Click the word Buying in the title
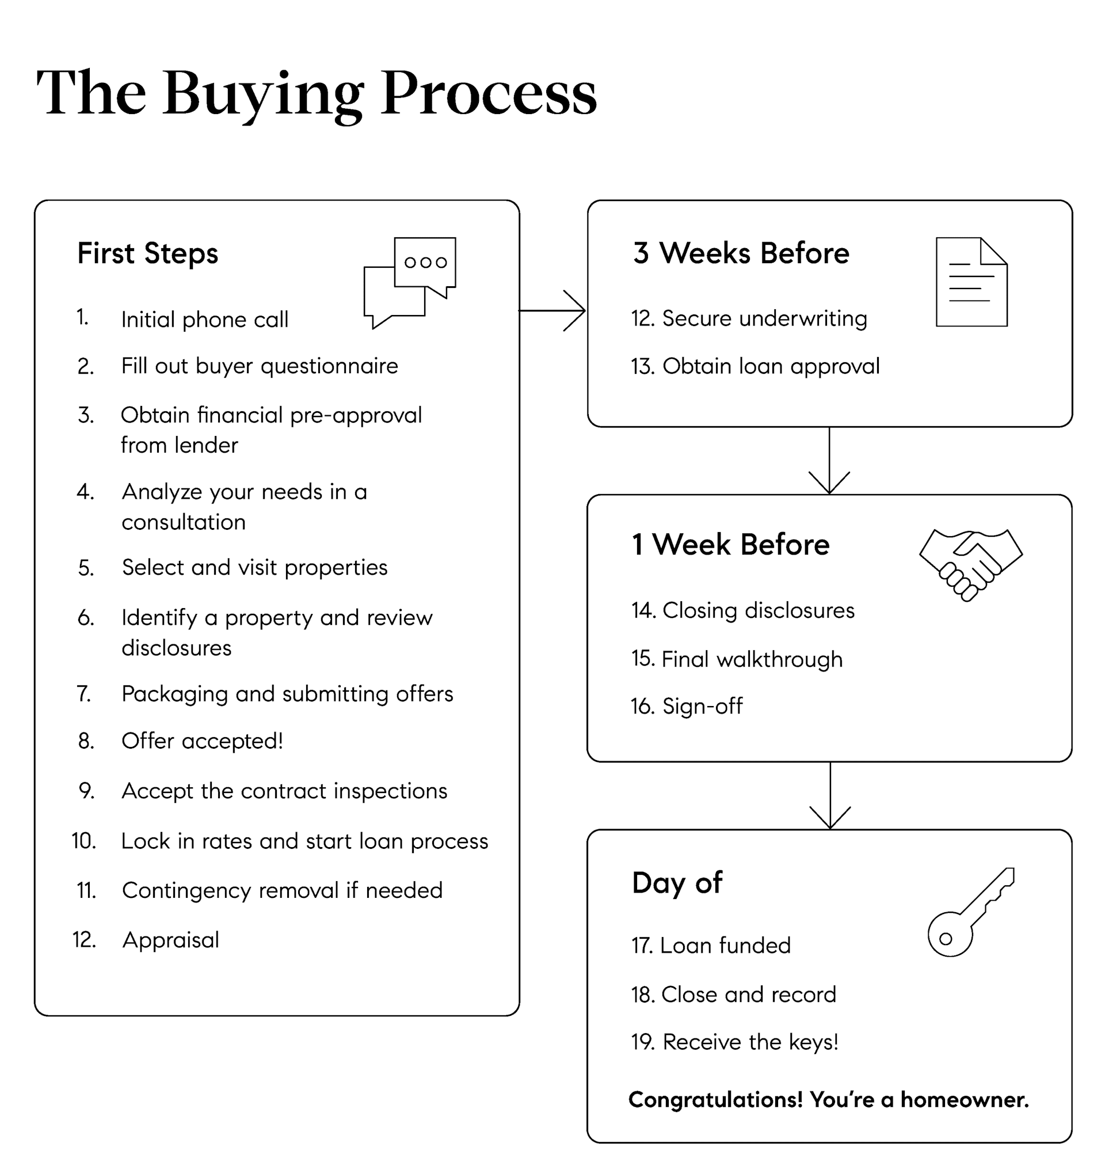tap(263, 94)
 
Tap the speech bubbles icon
tap(410, 282)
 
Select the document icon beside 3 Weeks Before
tap(971, 282)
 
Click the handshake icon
tap(970, 564)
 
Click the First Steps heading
tap(148, 253)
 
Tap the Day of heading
tap(677, 883)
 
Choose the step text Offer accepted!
tap(202, 741)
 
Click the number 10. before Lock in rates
tap(84, 841)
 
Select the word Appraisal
tap(171, 939)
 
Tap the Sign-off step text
tap(702, 705)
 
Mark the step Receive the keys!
tap(750, 1042)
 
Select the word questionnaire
tap(329, 366)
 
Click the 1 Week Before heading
tap(730, 544)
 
